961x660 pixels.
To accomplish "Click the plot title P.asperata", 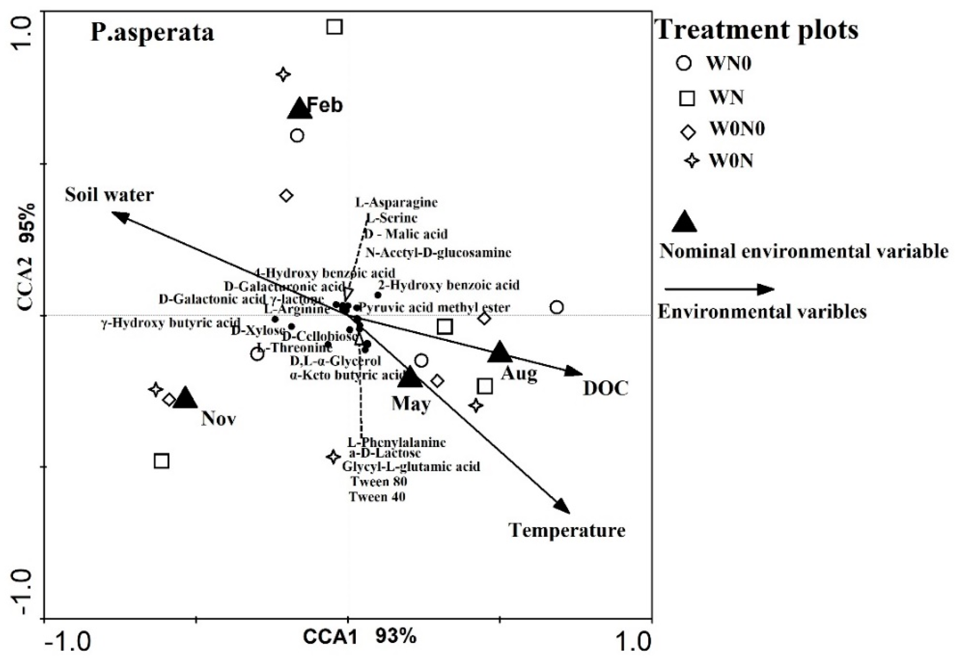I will click(152, 33).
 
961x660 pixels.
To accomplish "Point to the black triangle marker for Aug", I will click(499, 352).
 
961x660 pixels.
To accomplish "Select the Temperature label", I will click(566, 531).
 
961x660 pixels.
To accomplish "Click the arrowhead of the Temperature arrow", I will click(563, 507).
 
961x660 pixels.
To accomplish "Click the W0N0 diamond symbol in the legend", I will click(688, 132).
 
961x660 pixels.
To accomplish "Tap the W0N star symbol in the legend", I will click(691, 161).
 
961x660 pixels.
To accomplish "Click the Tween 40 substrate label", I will click(377, 497).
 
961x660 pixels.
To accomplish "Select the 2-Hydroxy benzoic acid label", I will click(448, 285).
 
